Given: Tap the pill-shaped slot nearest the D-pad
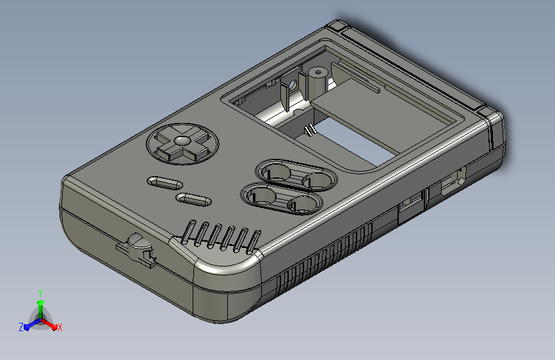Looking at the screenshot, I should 164,183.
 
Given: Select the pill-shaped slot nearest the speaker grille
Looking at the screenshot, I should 194,199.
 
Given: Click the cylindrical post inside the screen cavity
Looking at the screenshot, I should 316,81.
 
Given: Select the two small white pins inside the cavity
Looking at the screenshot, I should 310,131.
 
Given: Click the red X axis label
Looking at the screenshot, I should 60,327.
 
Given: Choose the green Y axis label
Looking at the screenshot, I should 40,292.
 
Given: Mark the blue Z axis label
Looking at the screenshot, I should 21,327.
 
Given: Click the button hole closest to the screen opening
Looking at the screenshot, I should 316,181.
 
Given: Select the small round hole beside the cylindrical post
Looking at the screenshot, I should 293,85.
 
